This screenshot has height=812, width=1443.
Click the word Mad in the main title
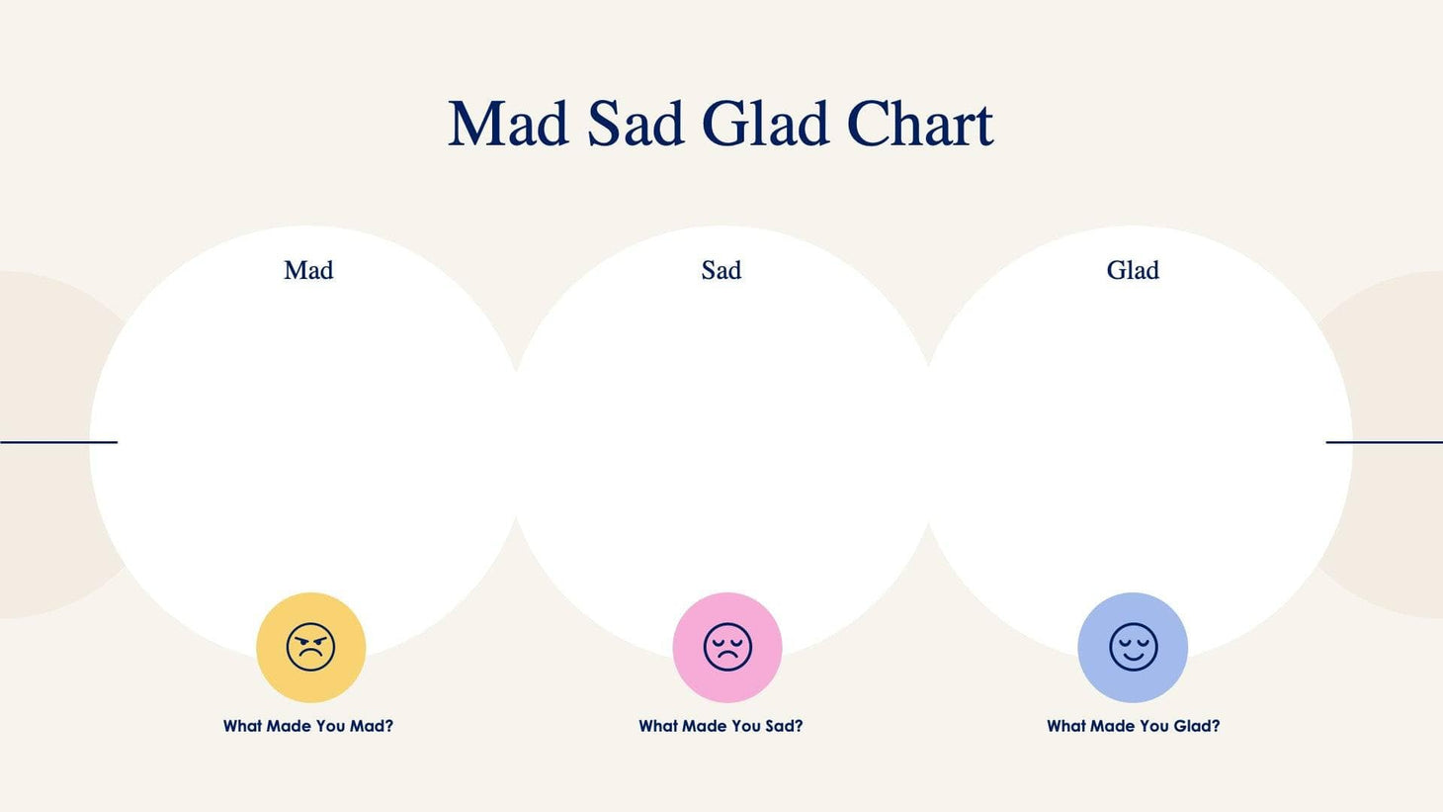(x=508, y=125)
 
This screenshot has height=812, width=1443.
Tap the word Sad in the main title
(x=636, y=125)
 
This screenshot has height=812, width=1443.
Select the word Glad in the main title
(x=765, y=125)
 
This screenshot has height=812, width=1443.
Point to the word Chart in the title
(x=919, y=125)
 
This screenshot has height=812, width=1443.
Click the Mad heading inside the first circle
(x=308, y=270)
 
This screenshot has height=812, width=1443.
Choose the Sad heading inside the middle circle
(x=721, y=270)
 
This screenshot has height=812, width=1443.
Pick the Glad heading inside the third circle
(x=1133, y=270)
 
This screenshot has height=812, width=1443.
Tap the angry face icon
(x=310, y=648)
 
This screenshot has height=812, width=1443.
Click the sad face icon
(x=727, y=648)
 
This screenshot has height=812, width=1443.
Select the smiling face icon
(x=1133, y=648)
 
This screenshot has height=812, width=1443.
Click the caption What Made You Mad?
(x=308, y=726)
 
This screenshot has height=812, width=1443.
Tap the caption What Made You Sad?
(x=721, y=726)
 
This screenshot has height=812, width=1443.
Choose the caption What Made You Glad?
(x=1133, y=726)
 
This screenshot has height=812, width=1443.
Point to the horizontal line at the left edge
(x=58, y=442)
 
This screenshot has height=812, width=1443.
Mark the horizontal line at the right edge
(x=1384, y=442)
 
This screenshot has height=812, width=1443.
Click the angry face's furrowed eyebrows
(x=310, y=637)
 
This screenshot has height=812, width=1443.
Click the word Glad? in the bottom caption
(x=1196, y=726)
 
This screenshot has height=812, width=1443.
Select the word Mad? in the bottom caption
(x=372, y=726)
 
